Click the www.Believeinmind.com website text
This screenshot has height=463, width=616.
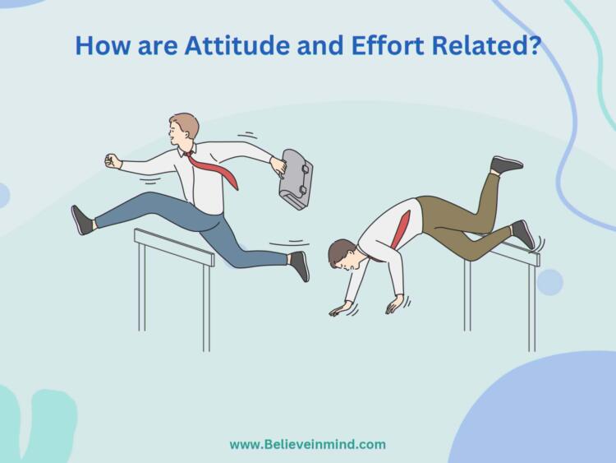(307, 444)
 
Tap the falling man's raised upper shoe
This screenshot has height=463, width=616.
(506, 164)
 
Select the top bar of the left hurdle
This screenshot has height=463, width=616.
(173, 247)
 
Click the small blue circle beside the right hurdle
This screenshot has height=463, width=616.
(549, 282)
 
